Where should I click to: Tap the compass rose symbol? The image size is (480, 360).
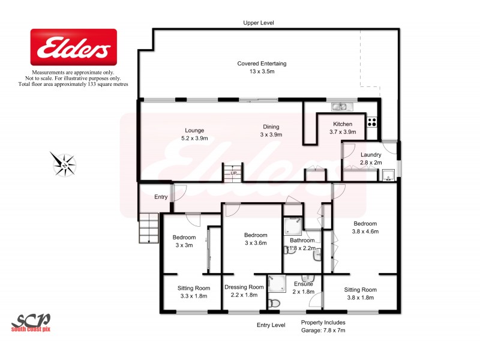point(64,163)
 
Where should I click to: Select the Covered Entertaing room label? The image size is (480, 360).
point(262,68)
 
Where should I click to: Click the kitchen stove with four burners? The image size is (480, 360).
point(372,120)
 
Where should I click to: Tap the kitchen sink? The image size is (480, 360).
point(340,107)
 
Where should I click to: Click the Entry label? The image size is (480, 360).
point(161,197)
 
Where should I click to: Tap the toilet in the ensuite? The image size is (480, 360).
point(274,303)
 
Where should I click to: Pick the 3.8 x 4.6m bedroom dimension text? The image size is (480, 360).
point(365,231)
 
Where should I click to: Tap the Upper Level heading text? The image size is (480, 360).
point(259,22)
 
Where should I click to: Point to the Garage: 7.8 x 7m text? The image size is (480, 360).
point(323,330)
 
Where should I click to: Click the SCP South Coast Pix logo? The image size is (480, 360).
point(31,322)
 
